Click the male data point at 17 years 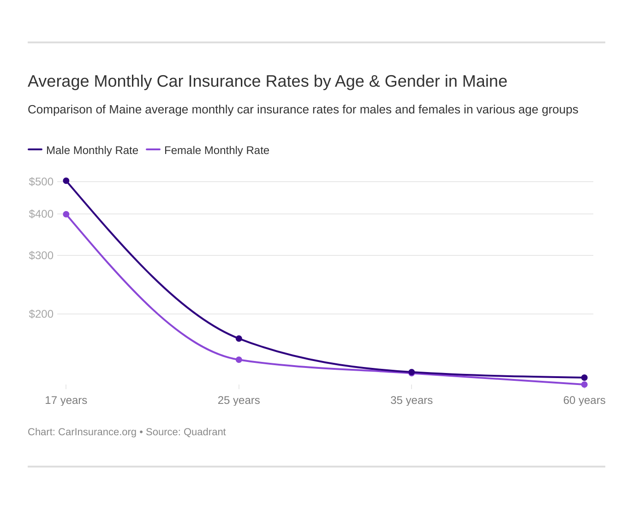click(66, 181)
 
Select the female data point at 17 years click(66, 214)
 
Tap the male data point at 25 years click(239, 338)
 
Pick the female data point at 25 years click(239, 360)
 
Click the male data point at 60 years click(584, 378)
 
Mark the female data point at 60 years click(584, 385)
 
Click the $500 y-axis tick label click(41, 182)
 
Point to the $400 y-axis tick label click(41, 214)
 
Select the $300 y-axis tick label click(41, 255)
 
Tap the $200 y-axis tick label click(41, 314)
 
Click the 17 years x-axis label click(66, 400)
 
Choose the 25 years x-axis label click(239, 400)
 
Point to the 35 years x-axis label click(412, 400)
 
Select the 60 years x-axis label click(584, 400)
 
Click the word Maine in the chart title click(484, 81)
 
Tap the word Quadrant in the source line click(204, 432)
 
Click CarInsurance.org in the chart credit click(97, 432)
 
